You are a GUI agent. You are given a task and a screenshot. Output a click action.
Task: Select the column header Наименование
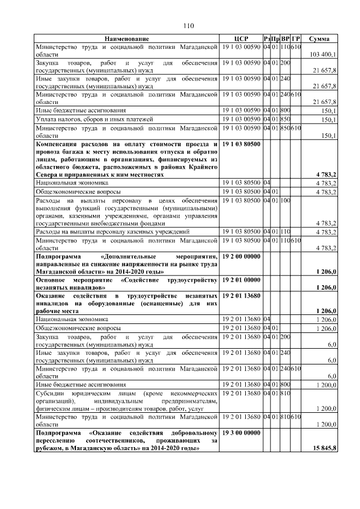point(127,38)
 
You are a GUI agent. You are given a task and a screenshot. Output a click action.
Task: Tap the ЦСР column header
point(241,38)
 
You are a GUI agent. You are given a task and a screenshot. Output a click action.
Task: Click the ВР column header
point(285,38)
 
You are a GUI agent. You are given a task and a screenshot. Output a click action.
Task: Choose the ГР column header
point(296,38)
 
